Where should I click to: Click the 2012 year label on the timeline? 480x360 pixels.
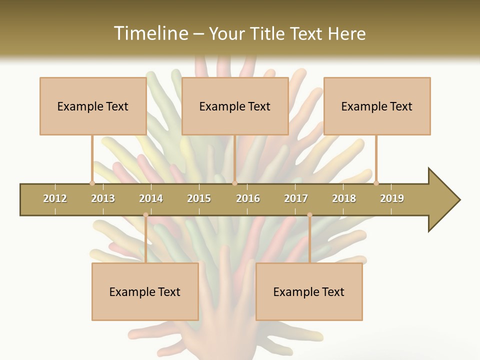click(55, 198)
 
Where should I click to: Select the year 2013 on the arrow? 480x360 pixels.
click(103, 198)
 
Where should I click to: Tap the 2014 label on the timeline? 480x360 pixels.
click(151, 198)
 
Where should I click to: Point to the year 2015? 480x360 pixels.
click(199, 198)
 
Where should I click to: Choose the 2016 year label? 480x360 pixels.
click(248, 198)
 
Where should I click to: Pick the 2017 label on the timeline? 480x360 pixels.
click(296, 198)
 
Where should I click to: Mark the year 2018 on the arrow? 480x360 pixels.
click(344, 198)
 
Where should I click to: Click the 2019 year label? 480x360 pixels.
click(392, 198)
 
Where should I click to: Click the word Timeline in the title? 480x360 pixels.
click(149, 33)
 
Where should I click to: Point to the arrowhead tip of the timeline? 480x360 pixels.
click(459, 200)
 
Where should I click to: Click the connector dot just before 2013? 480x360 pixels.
click(92, 183)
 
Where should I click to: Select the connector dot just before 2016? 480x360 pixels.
click(234, 183)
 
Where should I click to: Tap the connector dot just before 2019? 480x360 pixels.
click(376, 183)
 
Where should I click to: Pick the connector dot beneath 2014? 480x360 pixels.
click(145, 215)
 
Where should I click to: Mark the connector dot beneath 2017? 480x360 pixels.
click(309, 215)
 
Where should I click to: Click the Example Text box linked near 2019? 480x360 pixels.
click(377, 106)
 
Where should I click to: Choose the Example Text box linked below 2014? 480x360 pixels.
click(145, 291)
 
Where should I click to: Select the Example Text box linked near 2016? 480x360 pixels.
click(235, 106)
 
